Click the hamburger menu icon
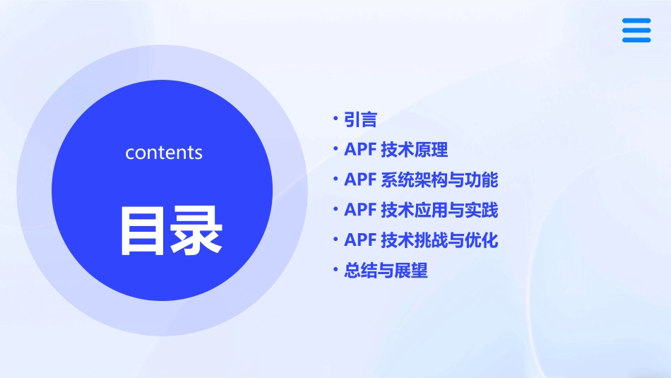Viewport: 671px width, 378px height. click(636, 30)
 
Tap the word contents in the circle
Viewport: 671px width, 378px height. click(164, 153)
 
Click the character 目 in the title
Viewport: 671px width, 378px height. click(145, 230)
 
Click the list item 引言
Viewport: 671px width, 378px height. click(360, 119)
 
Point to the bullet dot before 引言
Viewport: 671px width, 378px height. click(335, 119)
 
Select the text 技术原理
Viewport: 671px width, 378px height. click(414, 150)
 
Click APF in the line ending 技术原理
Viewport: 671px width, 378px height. click(360, 150)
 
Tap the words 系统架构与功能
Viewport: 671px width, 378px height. click(439, 180)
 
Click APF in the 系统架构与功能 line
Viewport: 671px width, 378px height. click(360, 180)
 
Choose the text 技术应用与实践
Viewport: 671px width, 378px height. click(439, 211)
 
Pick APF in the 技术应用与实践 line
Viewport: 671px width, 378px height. click(360, 211)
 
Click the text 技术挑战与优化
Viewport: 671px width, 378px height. click(439, 241)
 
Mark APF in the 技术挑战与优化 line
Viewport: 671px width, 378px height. click(360, 241)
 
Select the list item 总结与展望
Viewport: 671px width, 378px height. click(386, 271)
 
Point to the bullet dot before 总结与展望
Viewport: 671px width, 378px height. click(335, 270)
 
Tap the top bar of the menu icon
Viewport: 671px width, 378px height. click(636, 21)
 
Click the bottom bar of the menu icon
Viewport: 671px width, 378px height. click(636, 40)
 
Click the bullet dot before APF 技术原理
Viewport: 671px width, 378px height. click(335, 149)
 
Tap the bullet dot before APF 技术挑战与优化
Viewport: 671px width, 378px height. click(335, 240)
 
